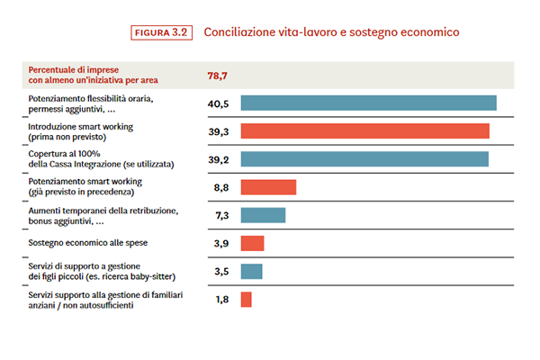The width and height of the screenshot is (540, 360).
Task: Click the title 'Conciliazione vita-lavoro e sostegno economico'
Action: point(332,32)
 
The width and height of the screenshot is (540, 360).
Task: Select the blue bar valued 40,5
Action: point(368,103)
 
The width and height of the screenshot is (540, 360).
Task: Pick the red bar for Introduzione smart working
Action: point(364,131)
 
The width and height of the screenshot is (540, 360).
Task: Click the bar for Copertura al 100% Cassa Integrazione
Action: point(364,159)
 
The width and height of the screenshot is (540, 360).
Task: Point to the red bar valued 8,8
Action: point(268,187)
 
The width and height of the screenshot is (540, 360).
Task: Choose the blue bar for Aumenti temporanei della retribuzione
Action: point(263,215)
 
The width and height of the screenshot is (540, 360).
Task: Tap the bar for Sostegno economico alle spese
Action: point(252,243)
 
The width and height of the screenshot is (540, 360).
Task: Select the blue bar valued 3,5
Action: point(251,271)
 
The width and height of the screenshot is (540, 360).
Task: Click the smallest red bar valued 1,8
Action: point(246,299)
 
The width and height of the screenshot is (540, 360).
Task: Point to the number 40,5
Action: point(219,103)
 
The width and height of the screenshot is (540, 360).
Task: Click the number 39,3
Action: point(219,131)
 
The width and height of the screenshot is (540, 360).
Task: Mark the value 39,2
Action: point(219,159)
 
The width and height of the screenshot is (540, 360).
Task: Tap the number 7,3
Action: point(219,215)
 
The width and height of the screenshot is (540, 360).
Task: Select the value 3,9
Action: point(219,243)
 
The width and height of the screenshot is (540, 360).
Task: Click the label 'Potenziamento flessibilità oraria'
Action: point(90,98)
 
